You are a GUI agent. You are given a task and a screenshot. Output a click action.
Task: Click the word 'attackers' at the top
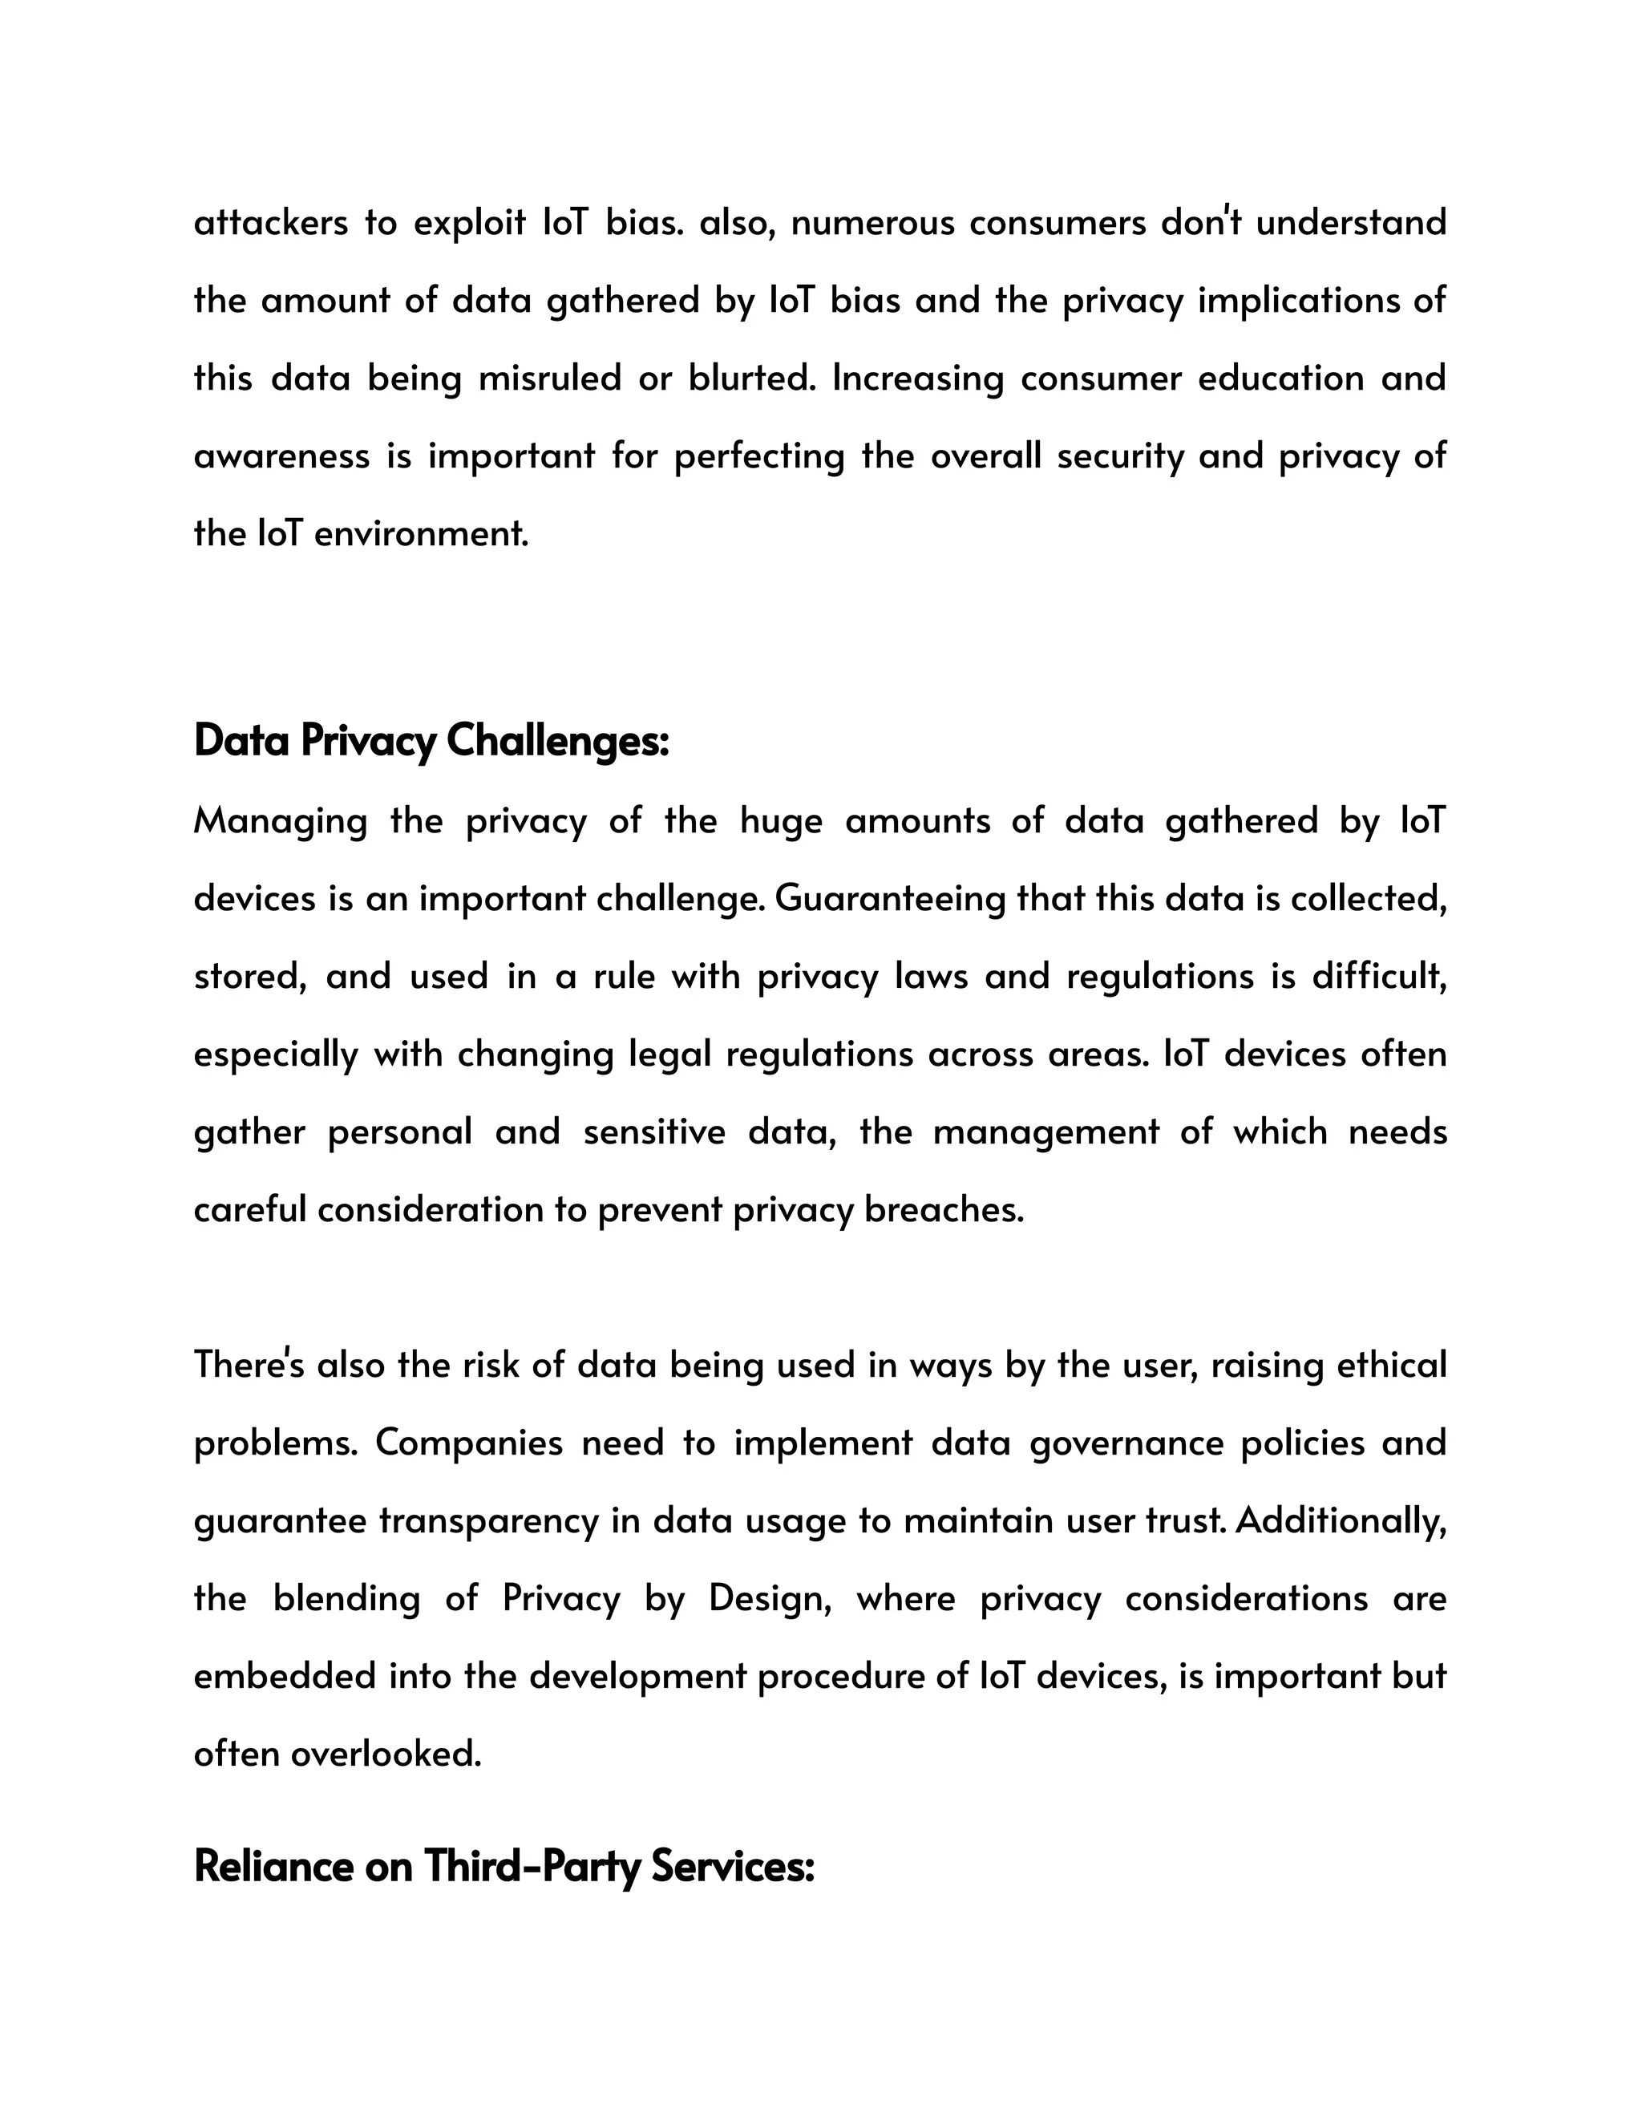pos(270,223)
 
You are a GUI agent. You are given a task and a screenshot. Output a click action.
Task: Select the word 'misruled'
pos(549,378)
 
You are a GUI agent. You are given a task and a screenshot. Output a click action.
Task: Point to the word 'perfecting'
pos(758,456)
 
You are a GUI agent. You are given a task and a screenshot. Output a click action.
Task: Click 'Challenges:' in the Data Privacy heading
pos(557,742)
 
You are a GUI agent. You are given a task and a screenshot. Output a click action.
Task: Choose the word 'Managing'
pos(280,822)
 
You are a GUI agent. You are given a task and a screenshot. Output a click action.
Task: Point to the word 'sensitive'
pos(653,1132)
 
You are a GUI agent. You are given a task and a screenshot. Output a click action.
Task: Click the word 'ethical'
pos(1391,1365)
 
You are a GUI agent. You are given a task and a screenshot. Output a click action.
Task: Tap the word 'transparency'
pos(488,1520)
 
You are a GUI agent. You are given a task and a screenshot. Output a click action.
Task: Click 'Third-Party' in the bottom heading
pos(531,1867)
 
